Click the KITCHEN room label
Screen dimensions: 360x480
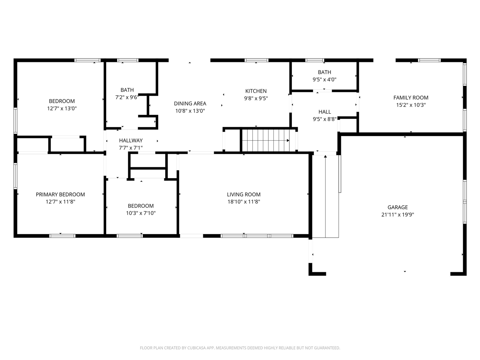click(x=256, y=91)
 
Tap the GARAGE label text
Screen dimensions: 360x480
click(x=397, y=207)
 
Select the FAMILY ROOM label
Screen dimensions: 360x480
click(x=411, y=98)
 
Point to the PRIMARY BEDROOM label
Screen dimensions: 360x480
click(x=60, y=194)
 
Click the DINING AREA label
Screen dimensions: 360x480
click(x=190, y=103)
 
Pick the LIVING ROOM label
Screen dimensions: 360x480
click(x=243, y=194)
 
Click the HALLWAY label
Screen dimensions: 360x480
click(x=131, y=141)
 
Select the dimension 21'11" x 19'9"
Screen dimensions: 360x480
click(x=397, y=215)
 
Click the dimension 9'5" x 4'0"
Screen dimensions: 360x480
click(x=324, y=79)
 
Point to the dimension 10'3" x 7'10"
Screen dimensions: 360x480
click(x=141, y=213)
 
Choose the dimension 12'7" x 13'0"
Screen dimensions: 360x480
click(x=62, y=108)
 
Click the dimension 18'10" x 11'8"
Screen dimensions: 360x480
click(x=243, y=202)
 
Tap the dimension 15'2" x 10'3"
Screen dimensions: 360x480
click(x=411, y=105)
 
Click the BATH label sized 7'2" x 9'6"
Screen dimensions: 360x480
click(x=127, y=90)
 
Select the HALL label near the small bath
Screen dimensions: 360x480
click(x=324, y=112)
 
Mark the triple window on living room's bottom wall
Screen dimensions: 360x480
click(x=257, y=236)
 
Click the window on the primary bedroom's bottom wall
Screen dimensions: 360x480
click(x=62, y=236)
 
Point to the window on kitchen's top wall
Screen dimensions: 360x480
click(x=256, y=60)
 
